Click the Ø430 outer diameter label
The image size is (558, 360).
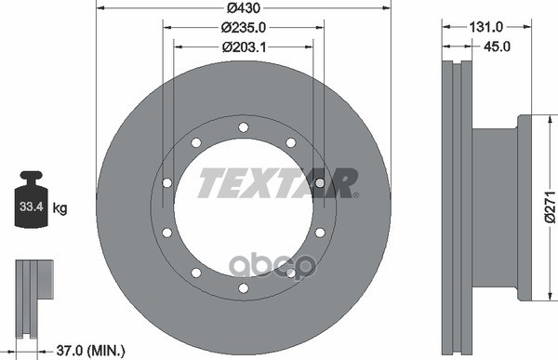coord(242,8)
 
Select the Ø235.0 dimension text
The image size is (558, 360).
coord(242,28)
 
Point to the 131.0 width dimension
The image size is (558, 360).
coord(479,29)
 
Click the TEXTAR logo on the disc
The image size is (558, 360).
coord(277,183)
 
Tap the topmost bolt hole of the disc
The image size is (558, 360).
coord(243,127)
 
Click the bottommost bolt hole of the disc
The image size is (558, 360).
coord(243,287)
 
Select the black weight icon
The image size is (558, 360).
coord(31,199)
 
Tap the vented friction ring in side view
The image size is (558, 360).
coord(456,208)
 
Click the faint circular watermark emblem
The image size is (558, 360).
coord(290,267)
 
